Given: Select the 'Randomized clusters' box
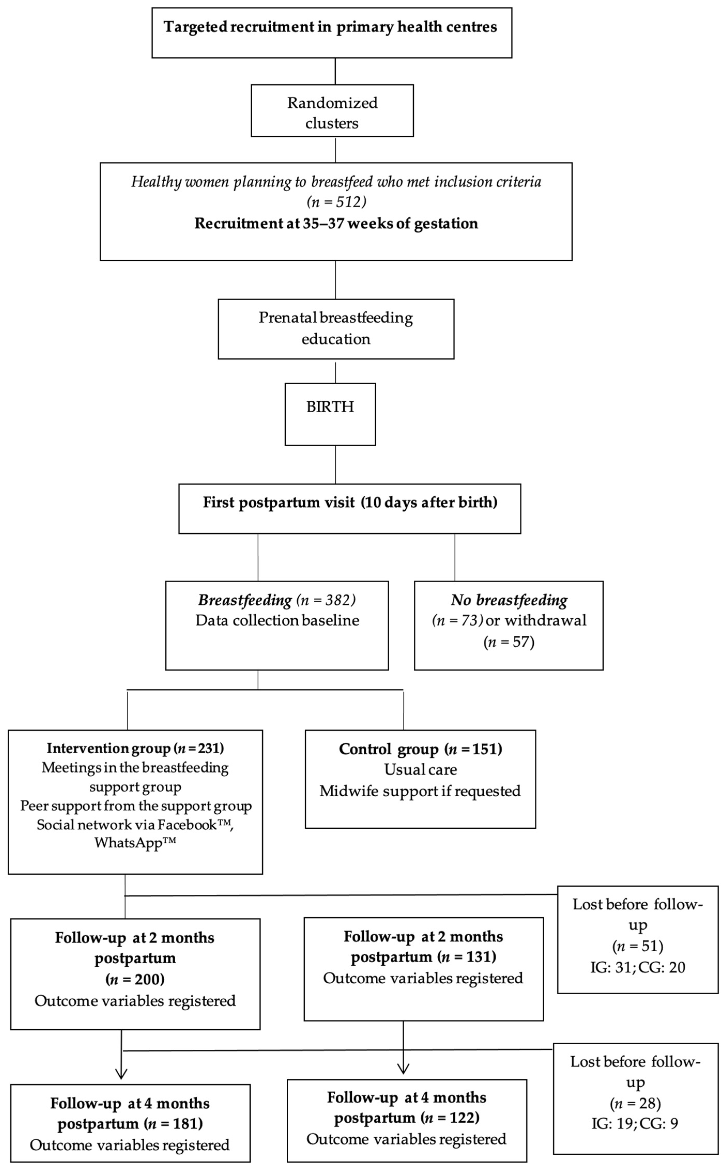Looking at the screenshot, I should click(332, 111).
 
